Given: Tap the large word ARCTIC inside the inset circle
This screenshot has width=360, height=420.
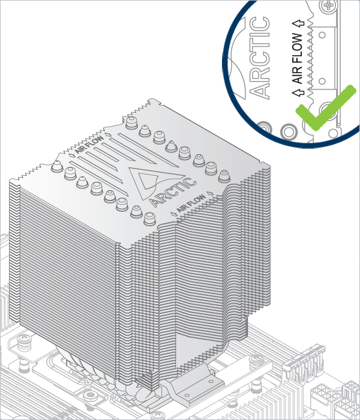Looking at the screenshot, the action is coord(259,58).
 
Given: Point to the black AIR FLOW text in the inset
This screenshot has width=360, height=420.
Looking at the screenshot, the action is coord(298,58).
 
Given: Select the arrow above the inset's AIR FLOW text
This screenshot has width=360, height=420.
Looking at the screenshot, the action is coord(298,23).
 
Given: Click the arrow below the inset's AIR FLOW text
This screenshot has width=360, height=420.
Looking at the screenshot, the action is coord(298,92).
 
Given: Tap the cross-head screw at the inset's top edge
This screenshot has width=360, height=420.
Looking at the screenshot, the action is coord(328,5).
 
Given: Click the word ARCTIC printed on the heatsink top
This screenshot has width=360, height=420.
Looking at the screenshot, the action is coord(173,193).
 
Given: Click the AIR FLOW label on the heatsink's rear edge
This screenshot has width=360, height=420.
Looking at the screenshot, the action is coord(89,145).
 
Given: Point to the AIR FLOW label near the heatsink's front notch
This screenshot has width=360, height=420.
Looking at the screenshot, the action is coord(192,203).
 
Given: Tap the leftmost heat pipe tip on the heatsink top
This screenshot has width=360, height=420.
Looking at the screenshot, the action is coord(57,166).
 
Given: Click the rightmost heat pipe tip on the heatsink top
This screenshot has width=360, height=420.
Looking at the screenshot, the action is coord(224,176).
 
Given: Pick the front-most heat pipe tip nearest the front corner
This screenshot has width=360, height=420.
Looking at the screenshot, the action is coord(149,218).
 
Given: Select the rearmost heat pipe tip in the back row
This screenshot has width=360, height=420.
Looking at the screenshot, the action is coord(131,122).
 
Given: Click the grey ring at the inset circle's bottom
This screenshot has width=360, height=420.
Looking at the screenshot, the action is coord(288,131).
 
